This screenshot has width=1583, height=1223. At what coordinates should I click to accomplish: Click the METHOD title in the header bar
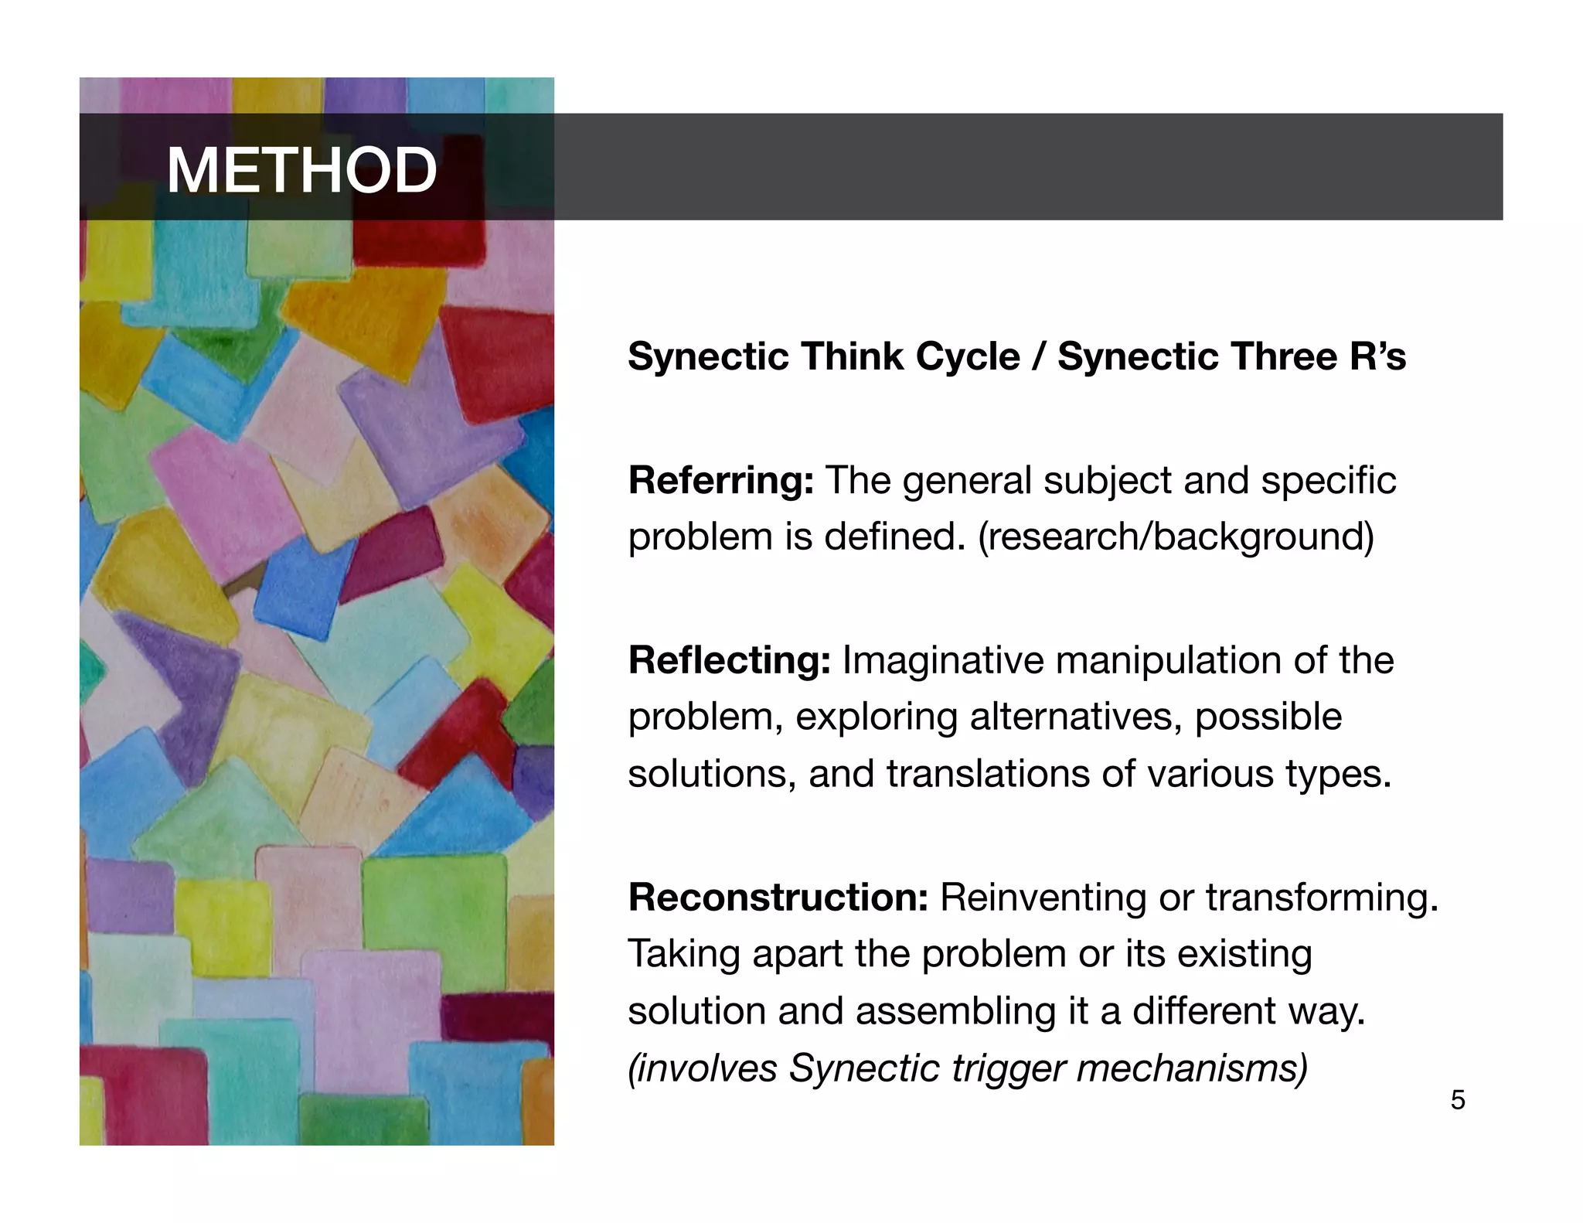tap(301, 170)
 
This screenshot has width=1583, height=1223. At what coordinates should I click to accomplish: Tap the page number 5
tap(1457, 1099)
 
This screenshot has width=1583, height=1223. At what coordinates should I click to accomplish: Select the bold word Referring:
tap(720, 481)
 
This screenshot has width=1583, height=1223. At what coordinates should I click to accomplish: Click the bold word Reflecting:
tap(729, 661)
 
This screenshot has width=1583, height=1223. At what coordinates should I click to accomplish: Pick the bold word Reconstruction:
tap(778, 898)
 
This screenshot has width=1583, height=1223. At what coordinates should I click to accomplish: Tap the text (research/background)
tap(1176, 537)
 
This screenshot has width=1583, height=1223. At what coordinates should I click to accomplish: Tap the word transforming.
tap(1322, 898)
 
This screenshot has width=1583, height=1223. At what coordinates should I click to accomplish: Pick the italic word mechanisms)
tap(1192, 1068)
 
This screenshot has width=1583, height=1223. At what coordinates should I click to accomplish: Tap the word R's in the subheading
tap(1377, 357)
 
